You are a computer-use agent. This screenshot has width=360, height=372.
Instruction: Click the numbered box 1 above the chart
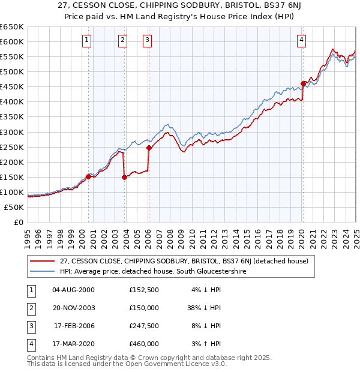(87, 40)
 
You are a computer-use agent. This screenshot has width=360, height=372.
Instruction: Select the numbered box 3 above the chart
(147, 40)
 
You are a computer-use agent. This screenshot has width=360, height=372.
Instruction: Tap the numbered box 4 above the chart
(301, 40)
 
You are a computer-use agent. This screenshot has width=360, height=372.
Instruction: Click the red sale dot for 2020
(303, 83)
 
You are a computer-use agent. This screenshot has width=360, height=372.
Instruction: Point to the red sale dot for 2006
(148, 148)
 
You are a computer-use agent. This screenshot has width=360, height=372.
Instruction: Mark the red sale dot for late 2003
(125, 177)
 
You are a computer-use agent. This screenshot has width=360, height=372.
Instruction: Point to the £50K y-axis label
(14, 207)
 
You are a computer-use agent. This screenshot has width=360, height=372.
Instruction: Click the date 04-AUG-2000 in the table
(73, 290)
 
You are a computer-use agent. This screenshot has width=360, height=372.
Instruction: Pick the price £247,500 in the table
(144, 327)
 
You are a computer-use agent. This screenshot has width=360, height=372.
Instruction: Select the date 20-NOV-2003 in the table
(73, 308)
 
